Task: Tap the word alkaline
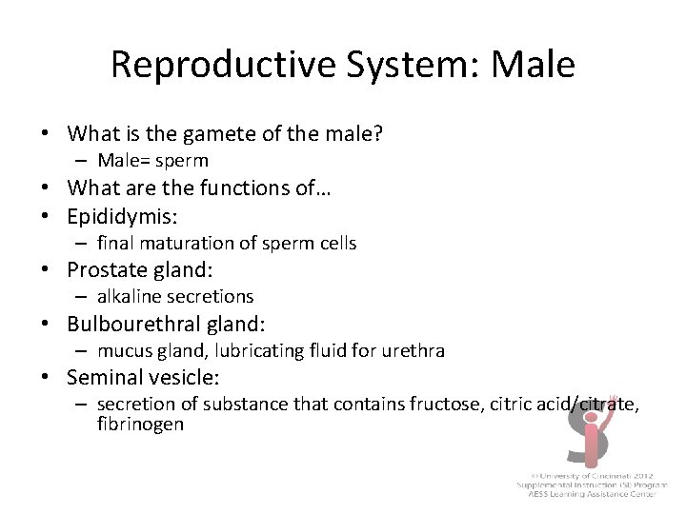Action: pos(131,297)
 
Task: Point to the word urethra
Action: pos(414,351)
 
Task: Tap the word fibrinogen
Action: pos(140,425)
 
